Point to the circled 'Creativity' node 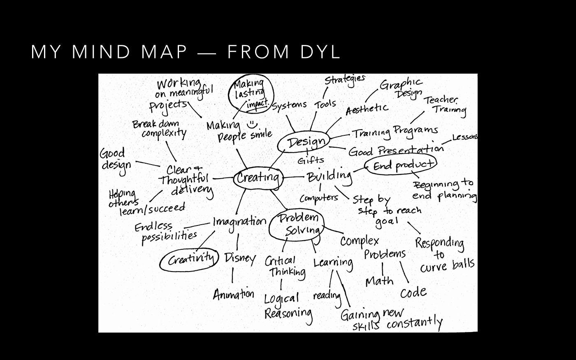[x=189, y=260]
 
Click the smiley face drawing [x=251, y=123]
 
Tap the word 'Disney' [x=240, y=258]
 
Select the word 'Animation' [x=233, y=294]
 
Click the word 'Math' [x=379, y=281]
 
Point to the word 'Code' [x=413, y=293]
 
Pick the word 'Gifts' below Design [x=311, y=160]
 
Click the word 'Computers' [x=318, y=198]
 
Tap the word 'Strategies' [x=345, y=79]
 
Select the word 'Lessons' [x=465, y=137]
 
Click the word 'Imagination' [x=239, y=223]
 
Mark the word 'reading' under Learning [x=327, y=295]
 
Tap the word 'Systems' [x=289, y=105]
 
